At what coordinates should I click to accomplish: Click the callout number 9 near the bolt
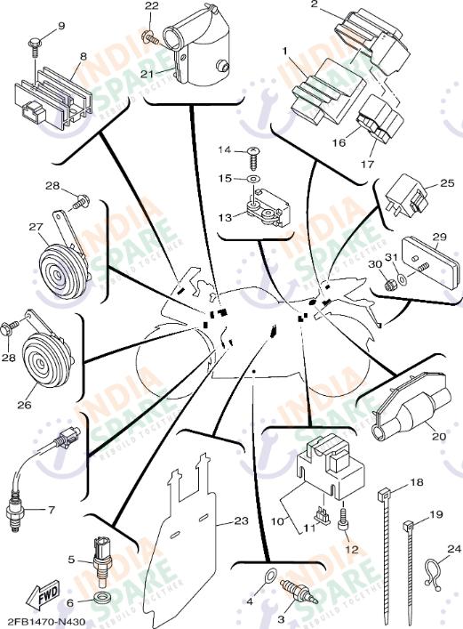click(x=61, y=26)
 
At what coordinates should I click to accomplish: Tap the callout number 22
click(x=151, y=7)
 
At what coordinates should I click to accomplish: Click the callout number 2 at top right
click(x=314, y=5)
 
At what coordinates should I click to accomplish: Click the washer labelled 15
click(x=255, y=180)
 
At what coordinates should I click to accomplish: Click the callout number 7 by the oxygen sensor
click(x=51, y=510)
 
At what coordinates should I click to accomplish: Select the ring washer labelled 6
click(x=103, y=593)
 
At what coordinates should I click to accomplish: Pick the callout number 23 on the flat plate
click(x=242, y=522)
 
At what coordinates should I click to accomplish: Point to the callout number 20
click(x=438, y=436)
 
